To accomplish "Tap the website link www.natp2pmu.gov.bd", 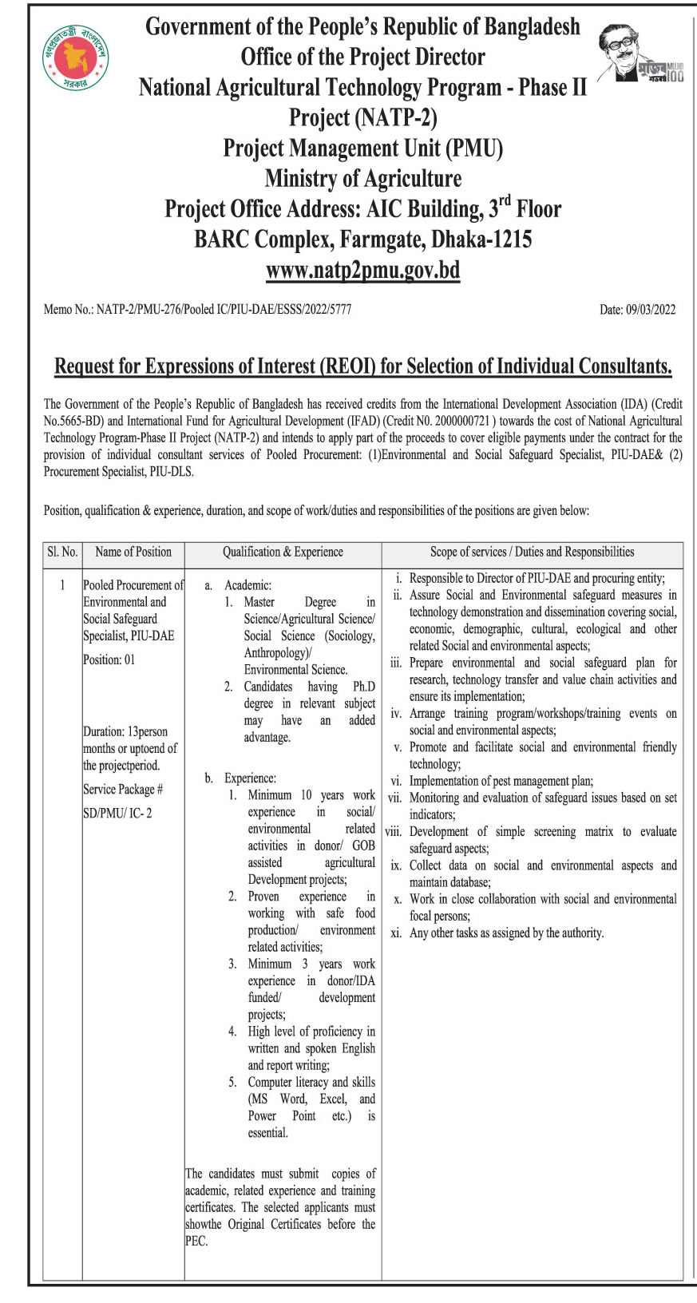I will pos(362,270).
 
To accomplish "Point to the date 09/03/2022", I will pos(637,309).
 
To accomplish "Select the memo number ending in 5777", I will pos(197,309).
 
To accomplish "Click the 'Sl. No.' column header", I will pos(62,552).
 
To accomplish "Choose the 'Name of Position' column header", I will pos(133,552).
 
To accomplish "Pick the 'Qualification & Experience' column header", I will pos(283,552).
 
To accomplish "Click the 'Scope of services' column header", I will pos(532,552).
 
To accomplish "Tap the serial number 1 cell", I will pos(62,585).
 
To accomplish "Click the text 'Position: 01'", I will pos(109,659).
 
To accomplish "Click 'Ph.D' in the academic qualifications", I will pos(363,687).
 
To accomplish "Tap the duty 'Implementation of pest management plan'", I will pos(501,781).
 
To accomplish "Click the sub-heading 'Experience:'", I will pos(250,778).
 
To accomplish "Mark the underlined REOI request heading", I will pos(362,366).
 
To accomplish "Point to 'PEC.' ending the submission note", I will pos(196,1241).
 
